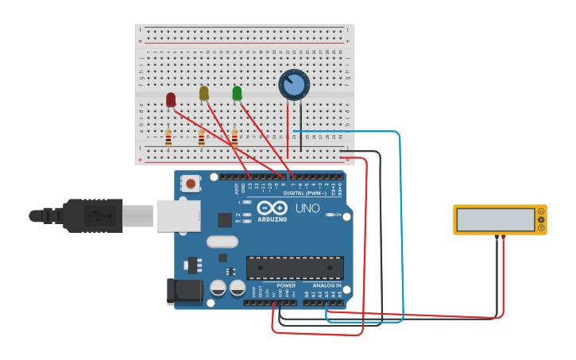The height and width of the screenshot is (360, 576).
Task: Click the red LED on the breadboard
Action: [171, 99]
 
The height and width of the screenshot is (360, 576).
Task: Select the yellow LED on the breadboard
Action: [204, 93]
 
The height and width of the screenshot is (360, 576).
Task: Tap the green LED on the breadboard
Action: [237, 93]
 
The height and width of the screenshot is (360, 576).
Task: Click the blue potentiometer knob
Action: [293, 85]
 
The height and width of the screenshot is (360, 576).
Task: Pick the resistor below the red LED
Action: [168, 137]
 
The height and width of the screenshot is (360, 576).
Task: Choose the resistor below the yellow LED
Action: [202, 137]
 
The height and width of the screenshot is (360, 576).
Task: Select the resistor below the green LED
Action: [234, 137]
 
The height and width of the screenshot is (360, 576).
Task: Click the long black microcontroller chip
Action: [295, 267]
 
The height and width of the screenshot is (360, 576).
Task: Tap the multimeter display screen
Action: [496, 220]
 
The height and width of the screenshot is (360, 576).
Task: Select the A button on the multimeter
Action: [541, 211]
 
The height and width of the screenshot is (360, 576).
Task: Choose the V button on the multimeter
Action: [541, 220]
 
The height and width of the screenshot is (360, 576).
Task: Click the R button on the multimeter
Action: [541, 229]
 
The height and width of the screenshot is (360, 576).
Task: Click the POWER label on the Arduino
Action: [286, 285]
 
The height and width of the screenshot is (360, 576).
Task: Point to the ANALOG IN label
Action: [327, 285]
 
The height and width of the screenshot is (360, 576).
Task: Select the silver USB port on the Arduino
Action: [178, 215]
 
